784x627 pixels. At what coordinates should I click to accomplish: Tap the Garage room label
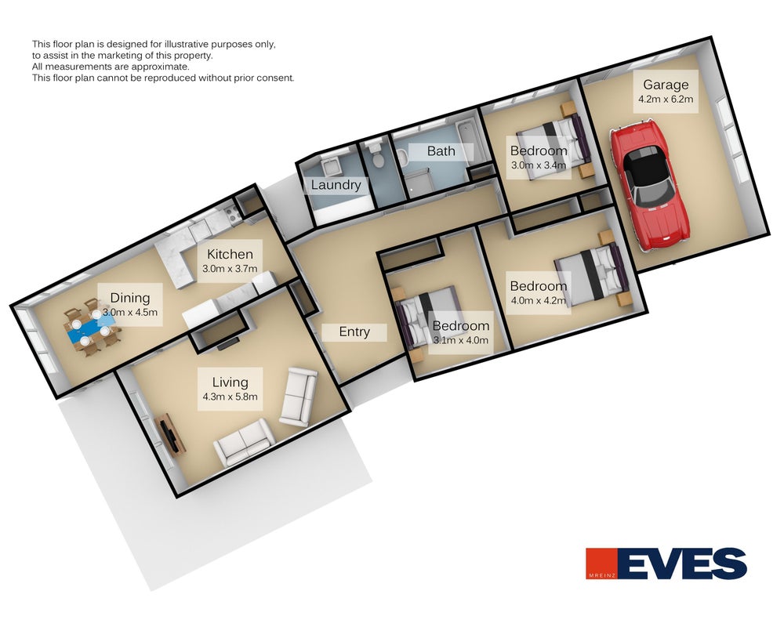(x=666, y=85)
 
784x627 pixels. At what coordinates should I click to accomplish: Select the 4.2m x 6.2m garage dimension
(x=666, y=99)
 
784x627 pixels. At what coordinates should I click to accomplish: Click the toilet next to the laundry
(x=376, y=154)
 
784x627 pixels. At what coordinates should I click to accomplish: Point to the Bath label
(x=441, y=151)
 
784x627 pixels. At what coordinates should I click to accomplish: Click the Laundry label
(x=336, y=185)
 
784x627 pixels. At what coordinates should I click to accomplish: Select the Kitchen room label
(x=230, y=254)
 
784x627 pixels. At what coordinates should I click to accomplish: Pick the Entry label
(x=354, y=332)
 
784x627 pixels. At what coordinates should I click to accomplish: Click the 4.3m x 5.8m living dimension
(x=230, y=397)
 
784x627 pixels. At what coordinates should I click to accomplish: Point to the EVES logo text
(x=683, y=564)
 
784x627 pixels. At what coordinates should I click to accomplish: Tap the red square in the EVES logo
(x=602, y=564)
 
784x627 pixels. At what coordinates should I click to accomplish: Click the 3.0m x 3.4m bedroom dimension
(x=539, y=165)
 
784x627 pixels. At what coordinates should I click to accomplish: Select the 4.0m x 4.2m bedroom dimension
(x=539, y=300)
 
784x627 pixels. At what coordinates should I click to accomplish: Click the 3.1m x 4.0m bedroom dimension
(x=460, y=340)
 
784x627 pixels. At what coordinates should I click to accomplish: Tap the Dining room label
(x=130, y=298)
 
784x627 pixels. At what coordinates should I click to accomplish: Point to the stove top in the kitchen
(x=231, y=214)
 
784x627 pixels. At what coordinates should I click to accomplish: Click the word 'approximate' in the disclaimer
(x=165, y=67)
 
